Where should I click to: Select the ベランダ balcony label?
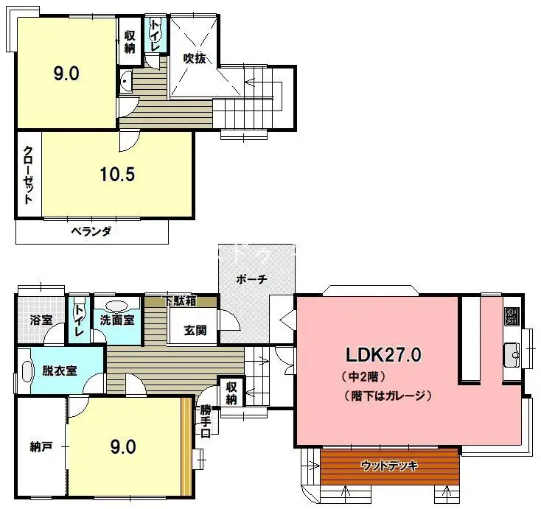pos(91,231)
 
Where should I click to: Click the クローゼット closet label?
pos(29,175)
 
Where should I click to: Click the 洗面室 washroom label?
pos(117,320)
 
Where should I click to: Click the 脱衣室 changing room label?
pos(60,371)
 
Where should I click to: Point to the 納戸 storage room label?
pos(41,446)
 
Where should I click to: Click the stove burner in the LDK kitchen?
pos(512,317)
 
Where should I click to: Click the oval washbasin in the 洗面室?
pos(117,305)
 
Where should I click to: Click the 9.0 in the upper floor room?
pos(66,74)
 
